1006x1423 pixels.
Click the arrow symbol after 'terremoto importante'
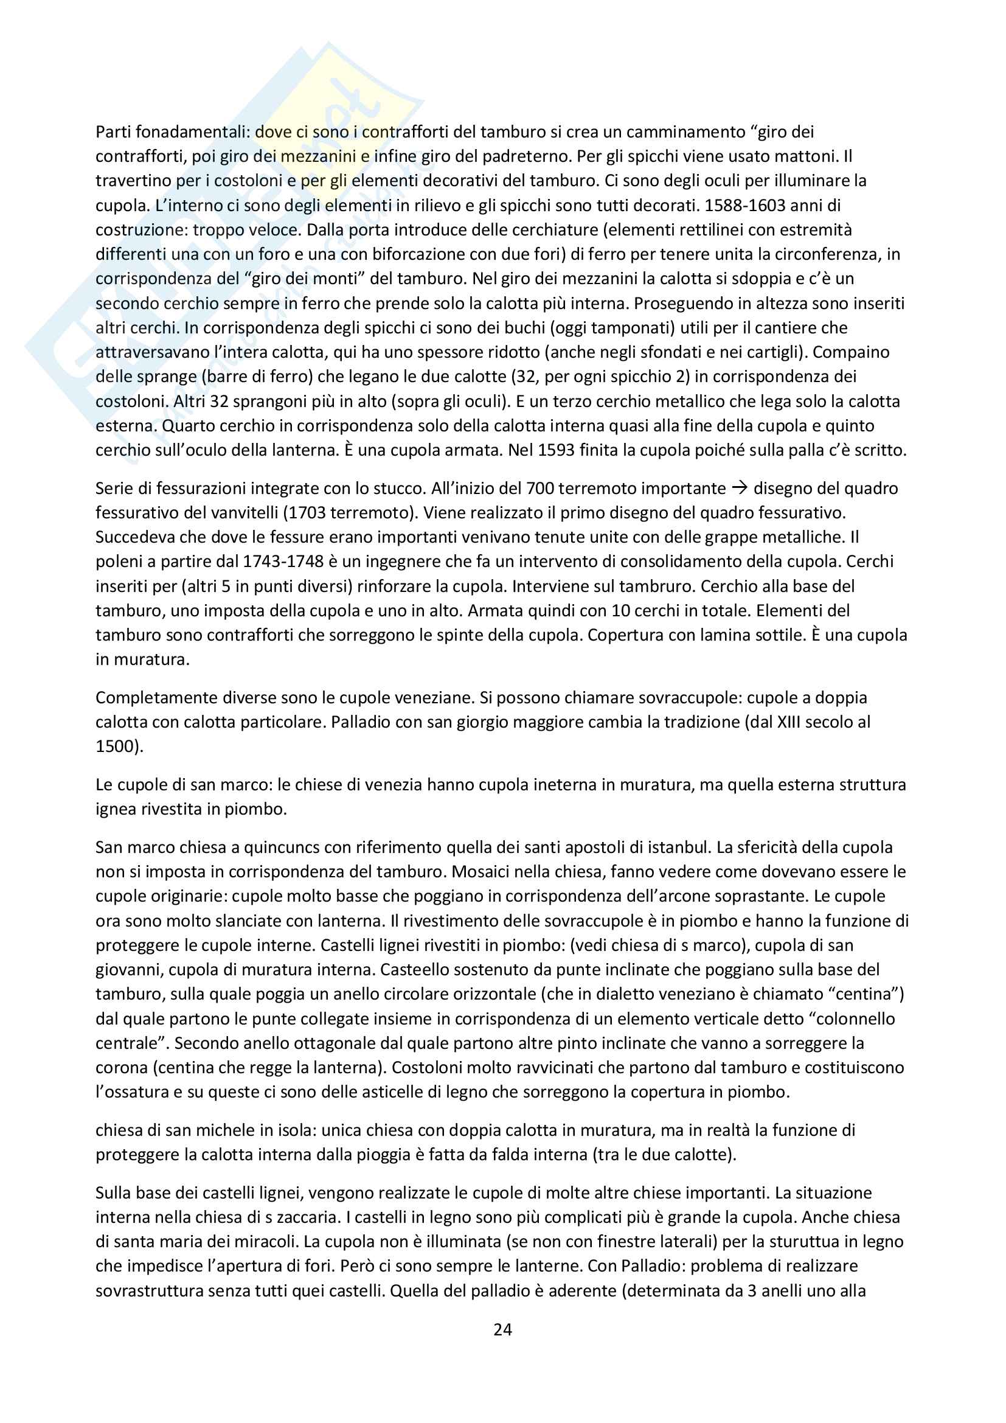[x=740, y=489]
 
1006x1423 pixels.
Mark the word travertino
[x=133, y=181]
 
